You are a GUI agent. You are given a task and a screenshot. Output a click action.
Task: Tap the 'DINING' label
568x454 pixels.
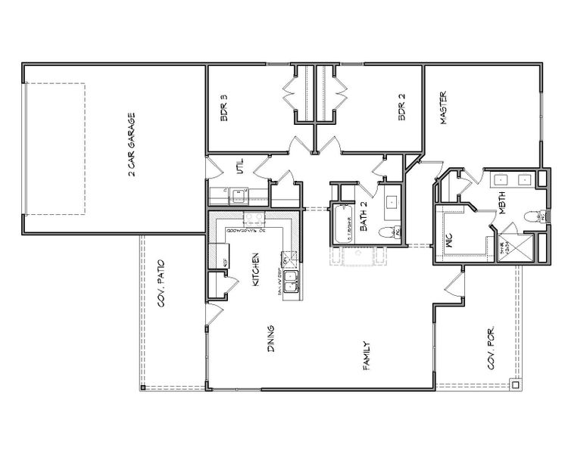pos(270,339)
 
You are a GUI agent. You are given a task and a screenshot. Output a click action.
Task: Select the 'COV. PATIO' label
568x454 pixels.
pos(161,281)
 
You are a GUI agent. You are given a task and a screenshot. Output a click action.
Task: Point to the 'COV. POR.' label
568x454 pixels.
pos(491,352)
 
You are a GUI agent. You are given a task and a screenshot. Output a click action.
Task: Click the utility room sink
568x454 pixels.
pos(239,197)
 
